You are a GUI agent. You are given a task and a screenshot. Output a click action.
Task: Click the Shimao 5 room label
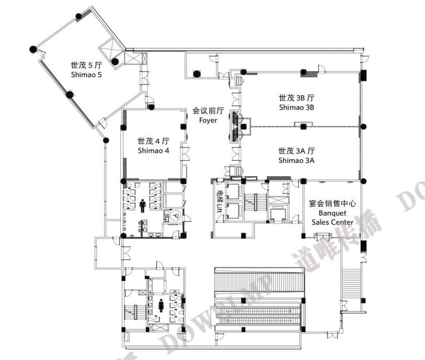86,70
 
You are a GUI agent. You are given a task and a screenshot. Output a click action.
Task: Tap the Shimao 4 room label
153,145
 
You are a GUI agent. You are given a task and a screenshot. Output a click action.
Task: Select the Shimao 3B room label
297,103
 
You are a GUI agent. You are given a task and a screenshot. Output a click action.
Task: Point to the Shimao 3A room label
297,155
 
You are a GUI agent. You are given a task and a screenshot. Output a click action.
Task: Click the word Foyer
208,120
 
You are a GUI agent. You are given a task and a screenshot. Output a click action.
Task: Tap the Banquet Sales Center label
332,212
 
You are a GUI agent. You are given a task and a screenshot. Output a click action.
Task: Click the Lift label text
219,201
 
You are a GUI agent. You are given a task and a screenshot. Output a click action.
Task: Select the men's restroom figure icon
142,206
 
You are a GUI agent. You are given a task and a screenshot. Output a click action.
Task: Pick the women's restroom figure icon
161,305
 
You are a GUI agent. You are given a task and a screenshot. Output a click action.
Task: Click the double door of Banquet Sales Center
323,237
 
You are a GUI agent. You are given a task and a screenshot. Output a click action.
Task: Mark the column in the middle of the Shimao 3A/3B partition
304,126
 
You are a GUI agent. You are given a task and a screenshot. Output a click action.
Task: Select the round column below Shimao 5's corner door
106,140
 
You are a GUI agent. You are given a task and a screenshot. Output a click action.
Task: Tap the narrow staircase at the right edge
351,284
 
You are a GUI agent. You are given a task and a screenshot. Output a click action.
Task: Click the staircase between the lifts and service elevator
254,202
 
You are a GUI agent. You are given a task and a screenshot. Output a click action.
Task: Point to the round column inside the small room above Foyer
196,73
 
